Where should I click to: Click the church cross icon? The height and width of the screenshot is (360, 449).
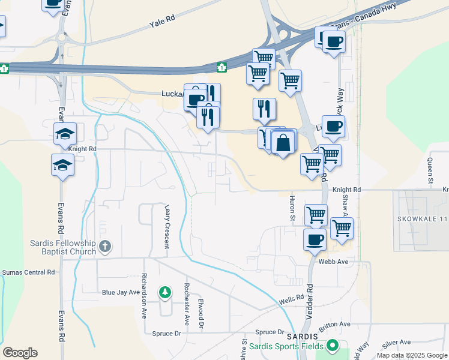pos(105,246)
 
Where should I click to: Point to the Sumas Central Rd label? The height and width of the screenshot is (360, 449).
pos(28,272)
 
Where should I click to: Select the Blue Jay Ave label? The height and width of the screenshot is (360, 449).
pos(120,293)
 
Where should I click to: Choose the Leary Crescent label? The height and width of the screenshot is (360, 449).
pos(168,226)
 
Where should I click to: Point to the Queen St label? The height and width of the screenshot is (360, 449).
pos(430,170)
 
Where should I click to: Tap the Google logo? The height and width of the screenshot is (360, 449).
pos(20,353)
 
